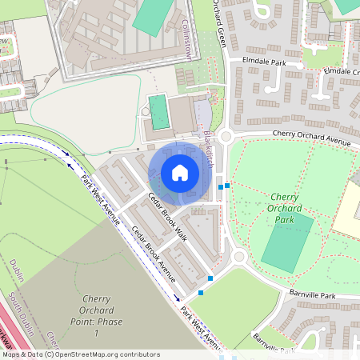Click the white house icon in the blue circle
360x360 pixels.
180,172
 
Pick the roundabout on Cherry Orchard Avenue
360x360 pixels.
226,136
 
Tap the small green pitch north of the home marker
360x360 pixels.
160,112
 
